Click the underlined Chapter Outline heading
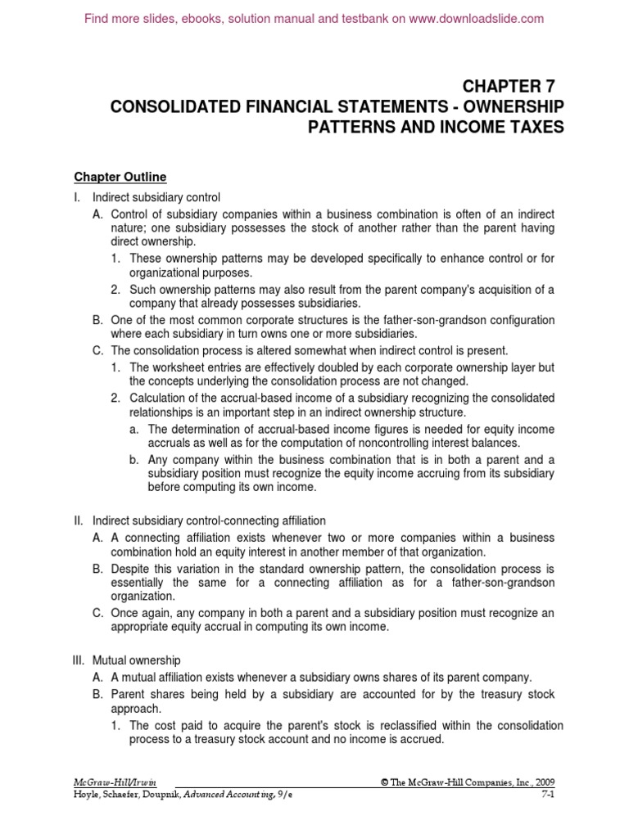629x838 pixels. [x=120, y=176]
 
